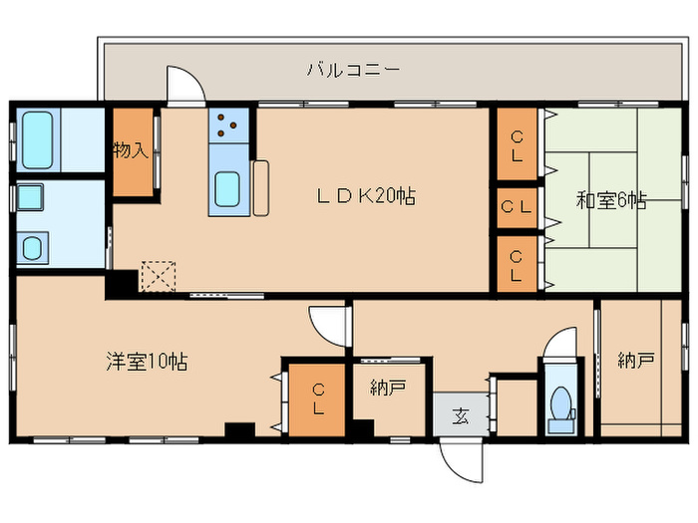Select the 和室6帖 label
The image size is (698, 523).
click(611, 200)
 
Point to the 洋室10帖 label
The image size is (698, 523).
click(147, 362)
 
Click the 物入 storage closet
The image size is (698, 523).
click(132, 151)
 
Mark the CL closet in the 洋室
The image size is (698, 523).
click(316, 398)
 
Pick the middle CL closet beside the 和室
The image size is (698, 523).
click(516, 208)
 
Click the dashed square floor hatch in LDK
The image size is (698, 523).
click(158, 273)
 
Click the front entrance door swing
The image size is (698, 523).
click(462, 459)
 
